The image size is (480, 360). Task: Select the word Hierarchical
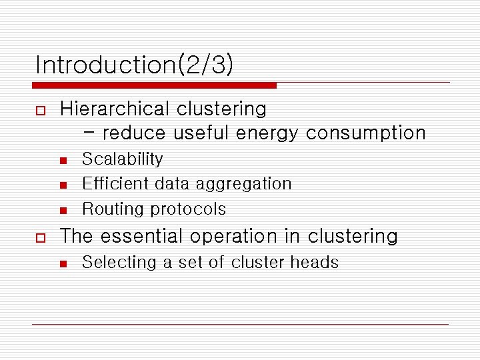click(x=115, y=109)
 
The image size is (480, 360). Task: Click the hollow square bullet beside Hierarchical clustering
click(x=40, y=109)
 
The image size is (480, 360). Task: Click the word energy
click(x=267, y=133)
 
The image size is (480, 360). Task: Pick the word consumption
click(x=366, y=133)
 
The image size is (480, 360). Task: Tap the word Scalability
click(x=122, y=159)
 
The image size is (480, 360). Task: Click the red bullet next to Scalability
click(x=63, y=160)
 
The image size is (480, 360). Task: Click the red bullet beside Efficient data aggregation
click(x=63, y=185)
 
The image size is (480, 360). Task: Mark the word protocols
click(x=187, y=209)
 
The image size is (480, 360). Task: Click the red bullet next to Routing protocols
click(x=63, y=210)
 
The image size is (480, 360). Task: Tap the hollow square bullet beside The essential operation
click(x=40, y=237)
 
